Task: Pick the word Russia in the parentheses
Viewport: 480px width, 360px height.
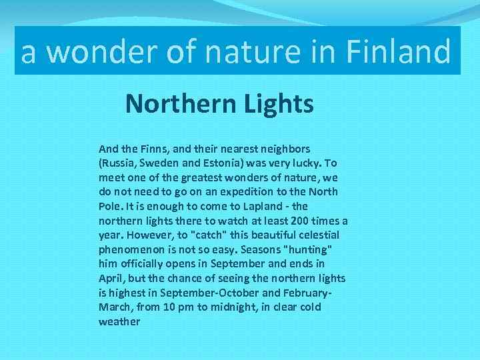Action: pos(117,163)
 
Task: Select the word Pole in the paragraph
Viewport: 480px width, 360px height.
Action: pos(109,206)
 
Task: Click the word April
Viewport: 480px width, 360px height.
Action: pos(111,278)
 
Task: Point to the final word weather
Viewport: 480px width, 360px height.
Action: pos(119,322)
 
